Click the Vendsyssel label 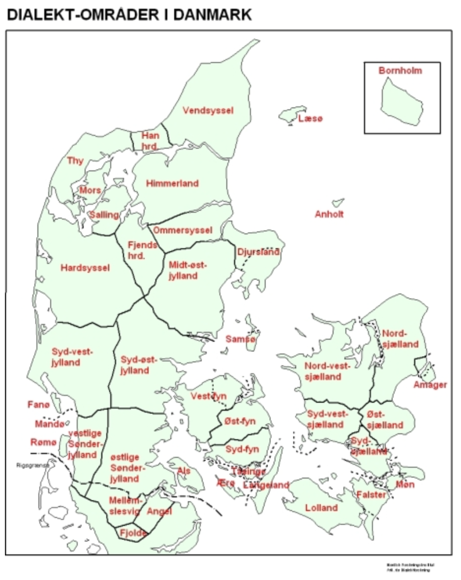point(208,110)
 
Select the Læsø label point(310,119)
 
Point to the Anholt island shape point(338,202)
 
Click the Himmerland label point(172,183)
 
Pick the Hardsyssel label point(85,268)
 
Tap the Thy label point(75,161)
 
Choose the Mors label point(90,190)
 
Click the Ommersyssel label point(183,230)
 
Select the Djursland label point(258,252)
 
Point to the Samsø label point(241,339)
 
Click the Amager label point(430,385)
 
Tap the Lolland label point(321,508)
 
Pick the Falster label point(371,495)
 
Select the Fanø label point(38,405)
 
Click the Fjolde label point(134,533)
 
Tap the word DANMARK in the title point(210,15)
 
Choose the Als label point(184,471)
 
